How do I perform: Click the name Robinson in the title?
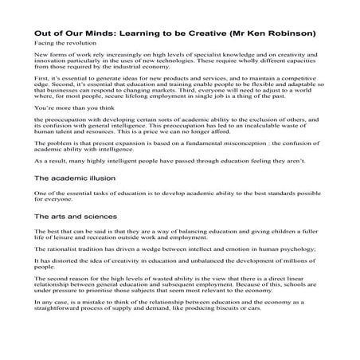pyautogui.click(x=295, y=33)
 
